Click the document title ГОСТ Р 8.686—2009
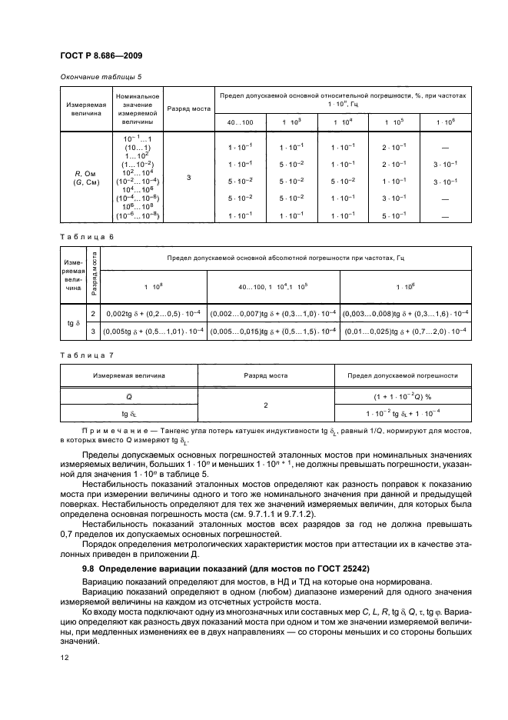[98, 55]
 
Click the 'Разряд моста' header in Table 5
[189, 108]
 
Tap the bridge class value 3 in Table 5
[189, 178]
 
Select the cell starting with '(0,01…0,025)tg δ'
[407, 331]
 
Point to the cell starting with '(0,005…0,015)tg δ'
[273, 331]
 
